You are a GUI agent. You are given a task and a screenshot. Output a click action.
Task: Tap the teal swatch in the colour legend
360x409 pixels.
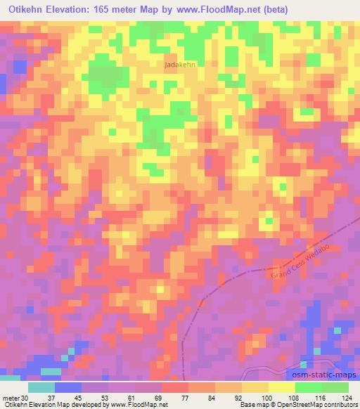(x=41, y=387)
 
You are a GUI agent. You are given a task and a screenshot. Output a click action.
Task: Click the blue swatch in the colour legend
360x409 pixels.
(x=68, y=387)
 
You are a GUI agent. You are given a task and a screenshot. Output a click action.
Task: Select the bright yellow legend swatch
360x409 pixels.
(x=281, y=387)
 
